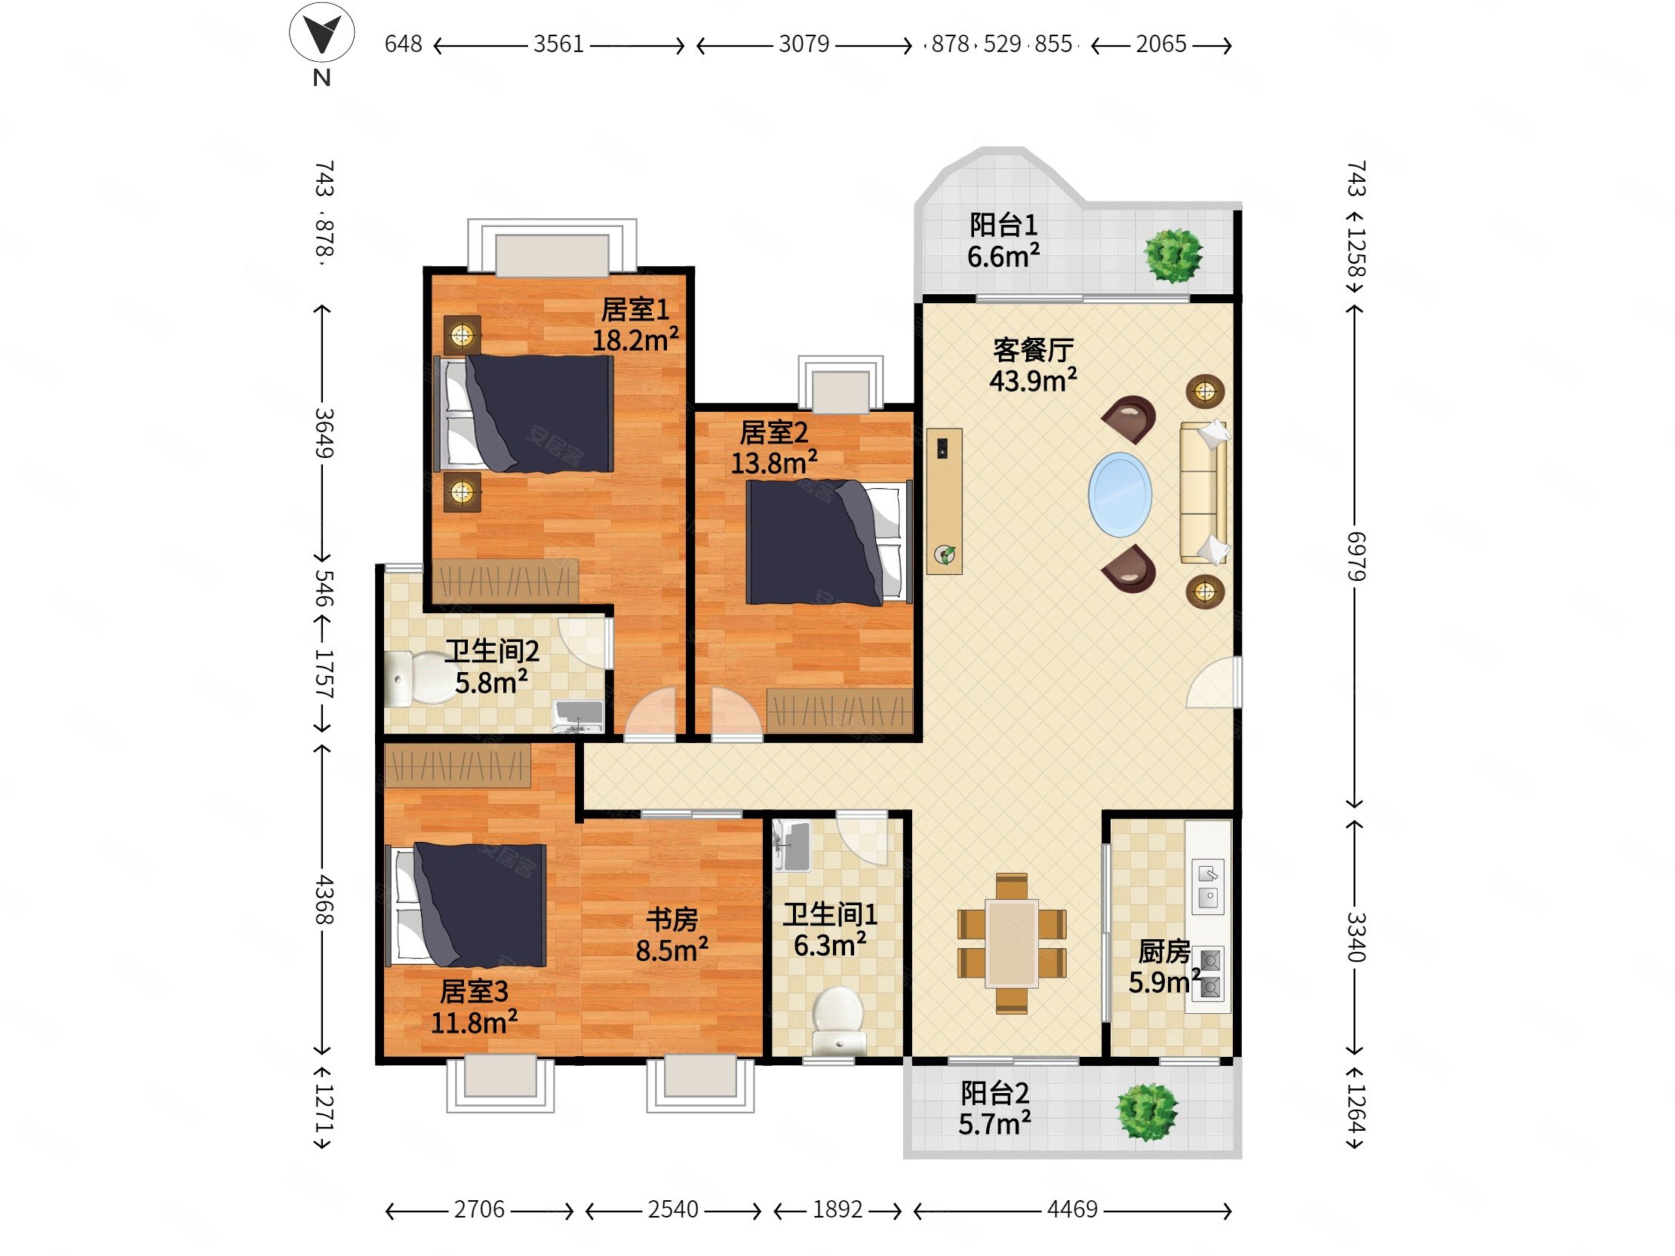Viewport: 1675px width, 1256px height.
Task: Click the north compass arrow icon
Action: (322, 32)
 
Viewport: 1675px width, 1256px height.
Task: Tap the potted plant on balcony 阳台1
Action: (1173, 256)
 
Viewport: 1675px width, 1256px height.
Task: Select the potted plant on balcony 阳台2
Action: (1148, 1112)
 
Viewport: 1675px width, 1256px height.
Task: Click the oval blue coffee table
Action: (1120, 495)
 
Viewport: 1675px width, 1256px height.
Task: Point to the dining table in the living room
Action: (1012, 943)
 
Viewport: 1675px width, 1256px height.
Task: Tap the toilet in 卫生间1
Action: (838, 1020)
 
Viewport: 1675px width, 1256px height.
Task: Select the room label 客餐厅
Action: (1033, 351)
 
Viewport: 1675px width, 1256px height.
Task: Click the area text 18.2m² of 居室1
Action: (635, 340)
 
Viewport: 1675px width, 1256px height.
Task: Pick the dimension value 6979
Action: (1355, 557)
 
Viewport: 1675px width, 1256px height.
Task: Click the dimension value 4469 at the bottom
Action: (1072, 1209)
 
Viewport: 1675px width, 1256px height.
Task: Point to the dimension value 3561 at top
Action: (559, 44)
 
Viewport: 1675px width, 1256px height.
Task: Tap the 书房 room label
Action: (672, 919)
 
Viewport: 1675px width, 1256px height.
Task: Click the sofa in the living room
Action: (1204, 493)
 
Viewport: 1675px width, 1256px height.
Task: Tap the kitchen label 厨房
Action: (1164, 952)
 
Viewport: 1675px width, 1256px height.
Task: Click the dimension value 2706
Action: (479, 1209)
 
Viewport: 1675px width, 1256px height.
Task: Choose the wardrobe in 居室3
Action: (457, 766)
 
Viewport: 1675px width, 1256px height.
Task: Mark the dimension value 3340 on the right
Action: (1355, 936)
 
